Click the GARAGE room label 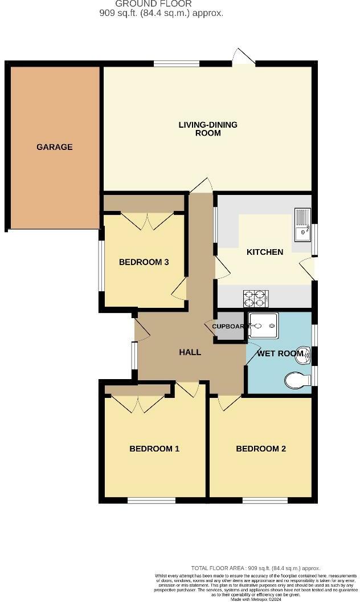[55, 147]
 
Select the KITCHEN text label [265, 252]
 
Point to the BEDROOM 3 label [144, 262]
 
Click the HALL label [190, 352]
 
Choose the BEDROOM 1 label [154, 449]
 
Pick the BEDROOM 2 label [261, 449]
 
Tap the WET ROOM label [280, 353]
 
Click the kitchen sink [302, 225]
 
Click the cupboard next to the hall [228, 327]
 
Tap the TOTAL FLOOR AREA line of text [255, 568]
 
